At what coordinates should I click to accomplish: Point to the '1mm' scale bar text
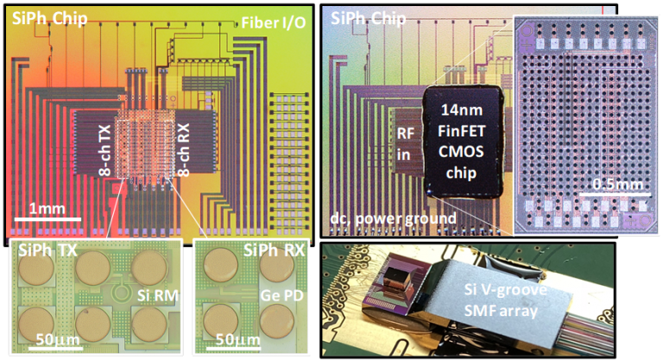point(41,210)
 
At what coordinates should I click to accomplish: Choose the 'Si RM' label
point(156,296)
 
